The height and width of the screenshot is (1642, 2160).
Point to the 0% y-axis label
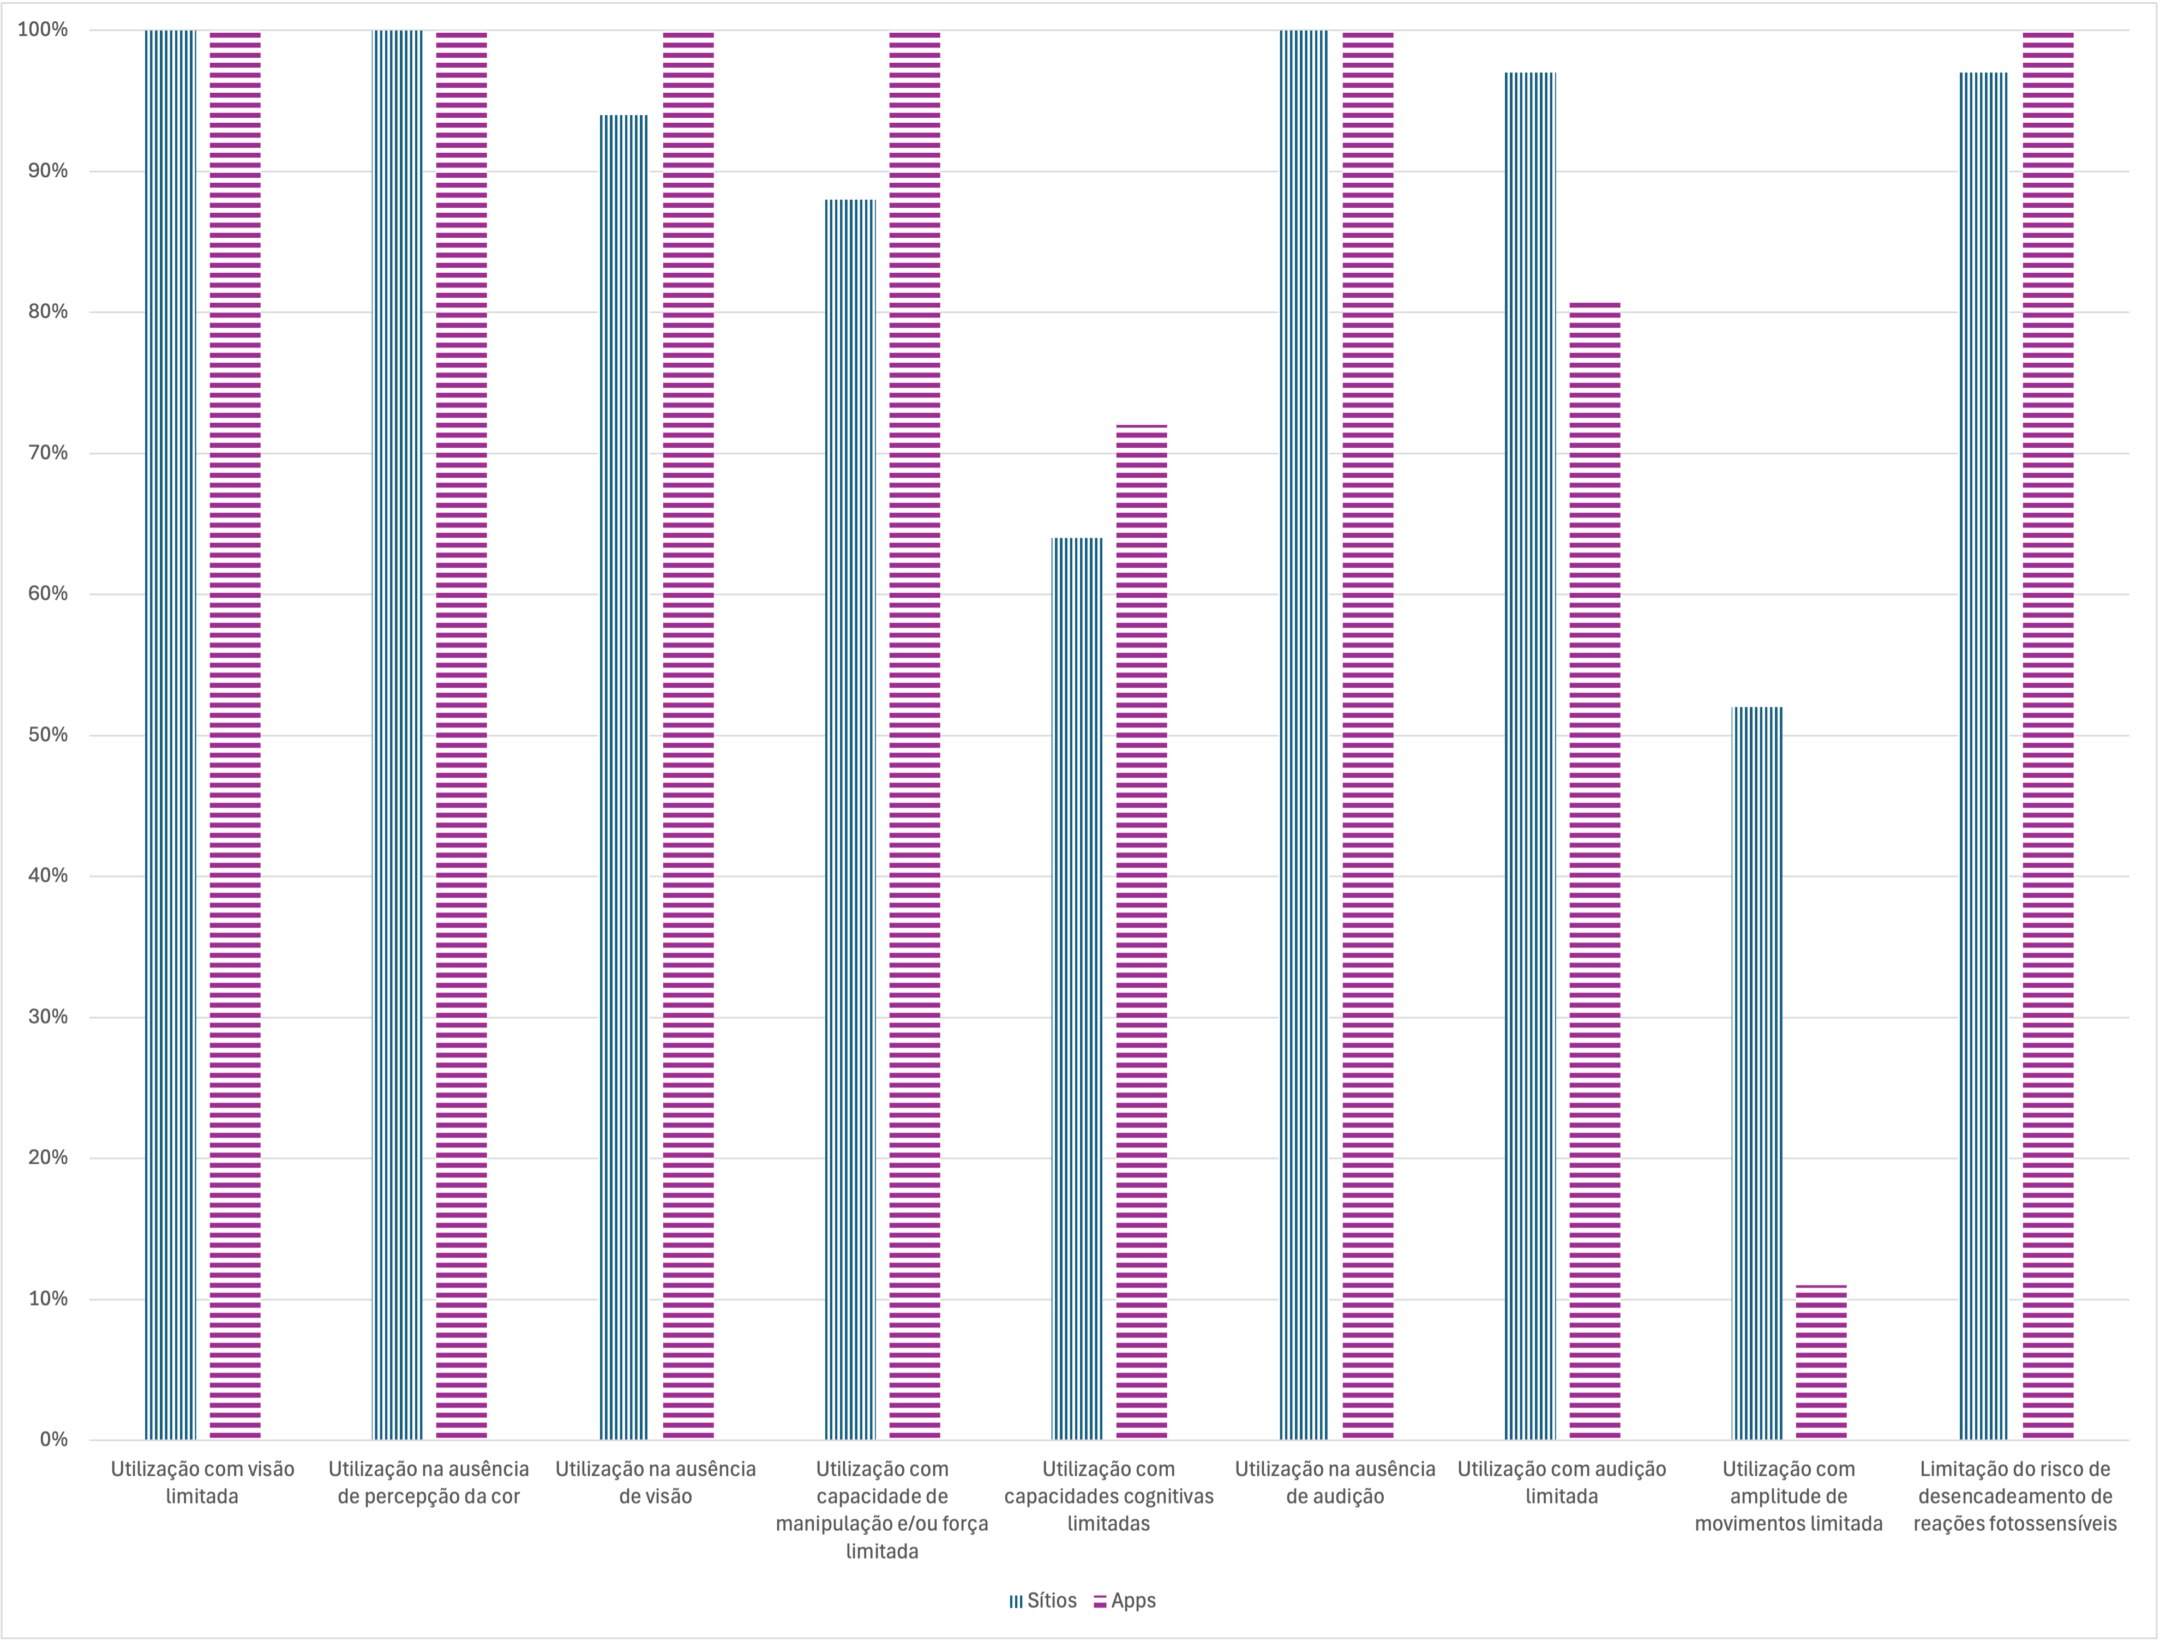coord(54,1439)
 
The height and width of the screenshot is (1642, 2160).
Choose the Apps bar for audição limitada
coord(1595,870)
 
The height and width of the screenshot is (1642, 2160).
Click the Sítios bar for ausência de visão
coord(623,777)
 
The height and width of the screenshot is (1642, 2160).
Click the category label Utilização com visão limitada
coord(202,1482)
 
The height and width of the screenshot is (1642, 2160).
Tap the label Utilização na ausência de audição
coord(1335,1482)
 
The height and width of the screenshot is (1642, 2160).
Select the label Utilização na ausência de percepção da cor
coord(428,1482)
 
